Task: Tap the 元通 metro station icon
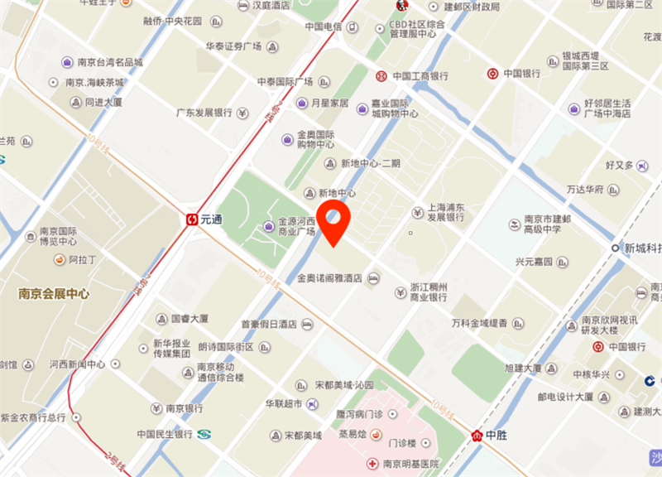[x=191, y=219]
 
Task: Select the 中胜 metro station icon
[x=477, y=436]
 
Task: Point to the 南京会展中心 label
[x=54, y=294]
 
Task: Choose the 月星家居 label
[x=329, y=104]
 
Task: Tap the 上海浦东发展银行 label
[x=445, y=213]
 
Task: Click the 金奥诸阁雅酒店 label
[x=329, y=279]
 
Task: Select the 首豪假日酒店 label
[x=268, y=324]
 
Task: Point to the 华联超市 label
[x=284, y=403]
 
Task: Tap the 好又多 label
[x=619, y=166]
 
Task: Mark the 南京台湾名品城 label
[x=109, y=62]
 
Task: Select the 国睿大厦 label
[x=189, y=318]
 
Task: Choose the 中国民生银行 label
[x=164, y=433]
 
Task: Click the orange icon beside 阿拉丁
[x=59, y=260]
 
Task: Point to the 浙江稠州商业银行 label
[x=429, y=291]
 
